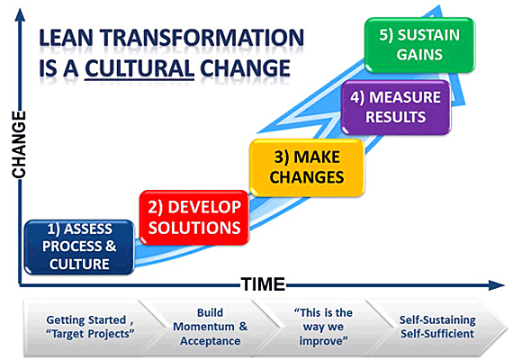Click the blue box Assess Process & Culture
79,247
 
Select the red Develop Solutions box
194,218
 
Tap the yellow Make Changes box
307,167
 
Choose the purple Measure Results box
396,107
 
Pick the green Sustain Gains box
419,45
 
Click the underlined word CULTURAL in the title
139,68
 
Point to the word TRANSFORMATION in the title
202,38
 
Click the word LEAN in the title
66,38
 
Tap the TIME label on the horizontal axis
263,284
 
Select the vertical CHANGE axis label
19,144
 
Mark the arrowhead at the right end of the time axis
497,285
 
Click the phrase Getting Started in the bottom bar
85,319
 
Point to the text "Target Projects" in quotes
90,334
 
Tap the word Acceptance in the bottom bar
211,341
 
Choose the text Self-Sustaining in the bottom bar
437,320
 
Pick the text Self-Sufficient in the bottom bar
437,334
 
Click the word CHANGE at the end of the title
245,68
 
